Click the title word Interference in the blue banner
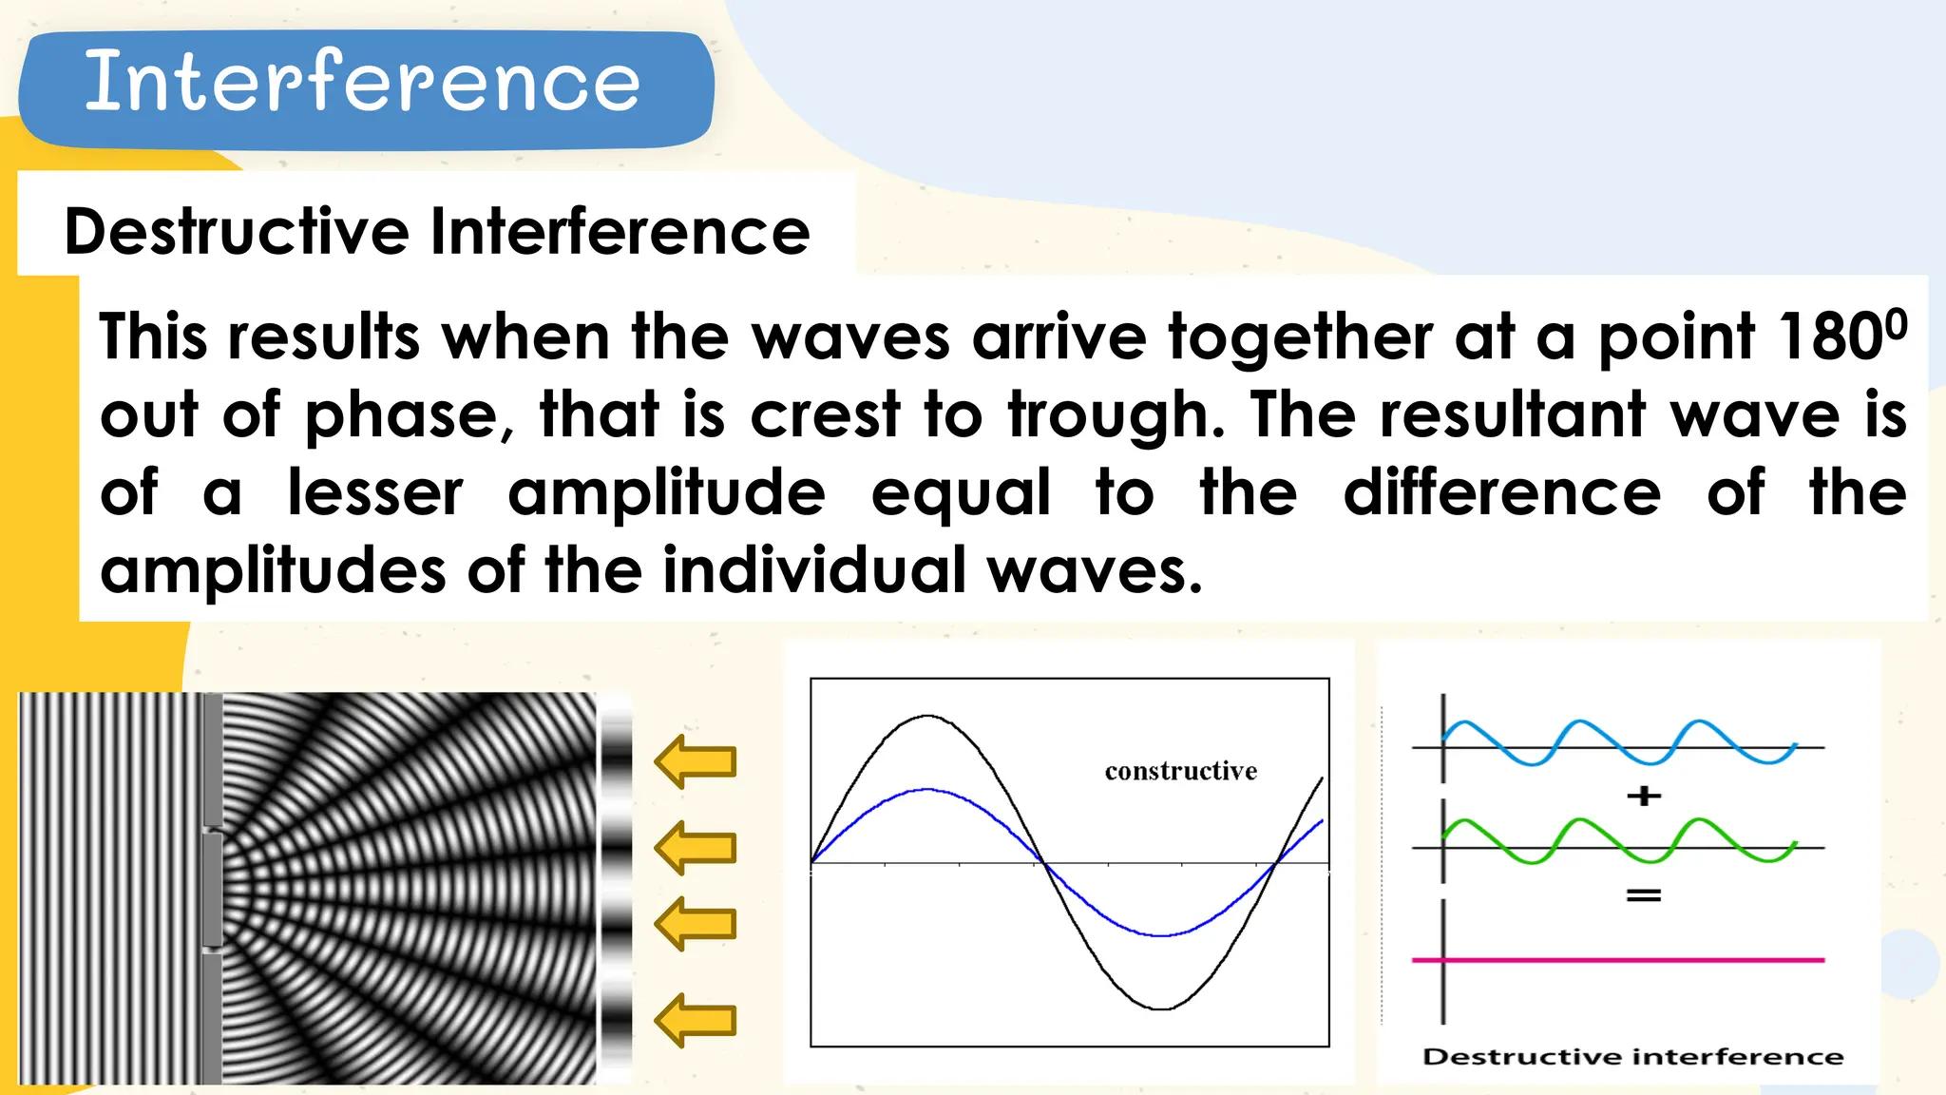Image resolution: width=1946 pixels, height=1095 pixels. point(362,83)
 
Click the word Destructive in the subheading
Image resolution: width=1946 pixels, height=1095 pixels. point(237,232)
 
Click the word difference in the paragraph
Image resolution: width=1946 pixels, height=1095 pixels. point(1501,493)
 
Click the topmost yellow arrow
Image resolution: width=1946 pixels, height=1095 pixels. point(696,761)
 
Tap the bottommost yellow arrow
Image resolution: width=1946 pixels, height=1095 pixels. point(696,1020)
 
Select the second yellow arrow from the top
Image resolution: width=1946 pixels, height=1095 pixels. point(696,847)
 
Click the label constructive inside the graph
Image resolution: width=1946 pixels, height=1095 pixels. point(1180,771)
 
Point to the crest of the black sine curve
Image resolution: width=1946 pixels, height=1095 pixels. point(927,716)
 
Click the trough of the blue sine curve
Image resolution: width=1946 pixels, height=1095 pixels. point(1161,935)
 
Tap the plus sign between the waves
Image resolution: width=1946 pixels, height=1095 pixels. point(1644,796)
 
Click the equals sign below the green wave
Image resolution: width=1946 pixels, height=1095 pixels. point(1644,895)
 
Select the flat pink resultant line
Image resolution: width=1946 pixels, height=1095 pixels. point(1615,960)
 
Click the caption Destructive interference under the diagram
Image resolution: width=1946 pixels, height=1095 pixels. point(1632,1057)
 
